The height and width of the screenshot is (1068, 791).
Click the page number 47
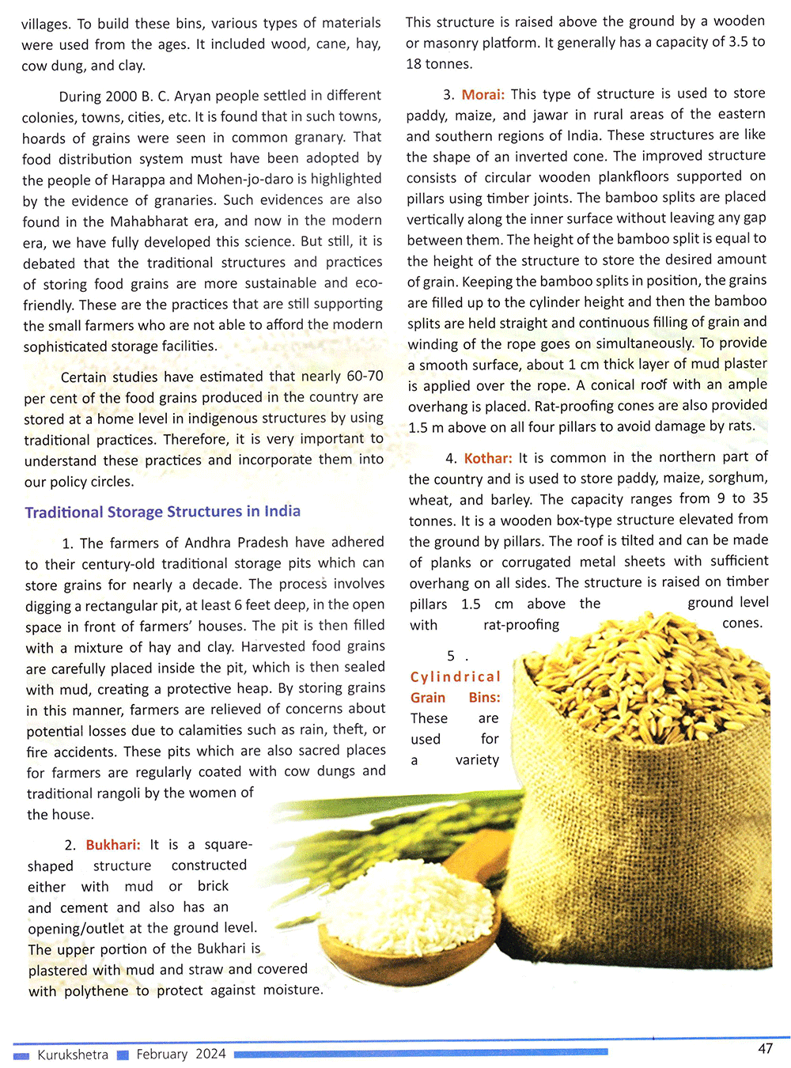765,1048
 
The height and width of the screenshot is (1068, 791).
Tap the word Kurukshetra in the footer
73,1055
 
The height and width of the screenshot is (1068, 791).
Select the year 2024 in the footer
210,1054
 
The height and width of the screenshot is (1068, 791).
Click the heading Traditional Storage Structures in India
162,512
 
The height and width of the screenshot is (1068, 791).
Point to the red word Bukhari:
113,845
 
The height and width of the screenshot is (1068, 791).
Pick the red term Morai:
483,94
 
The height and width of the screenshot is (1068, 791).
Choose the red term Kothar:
488,458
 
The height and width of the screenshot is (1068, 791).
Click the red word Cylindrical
455,677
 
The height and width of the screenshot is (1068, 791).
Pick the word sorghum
739,478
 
